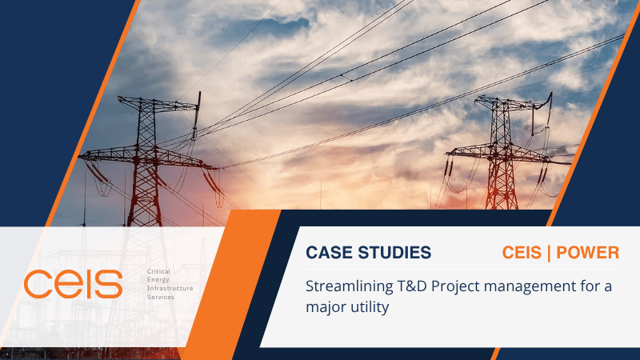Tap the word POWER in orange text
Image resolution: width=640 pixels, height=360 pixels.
tap(588, 253)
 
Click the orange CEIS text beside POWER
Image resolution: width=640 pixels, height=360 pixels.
tap(522, 253)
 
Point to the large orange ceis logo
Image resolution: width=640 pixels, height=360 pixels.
tap(73, 284)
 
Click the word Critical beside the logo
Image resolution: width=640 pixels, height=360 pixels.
tap(158, 272)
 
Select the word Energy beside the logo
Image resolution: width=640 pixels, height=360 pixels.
tap(158, 280)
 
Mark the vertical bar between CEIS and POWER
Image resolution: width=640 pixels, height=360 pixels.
tap(549, 253)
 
